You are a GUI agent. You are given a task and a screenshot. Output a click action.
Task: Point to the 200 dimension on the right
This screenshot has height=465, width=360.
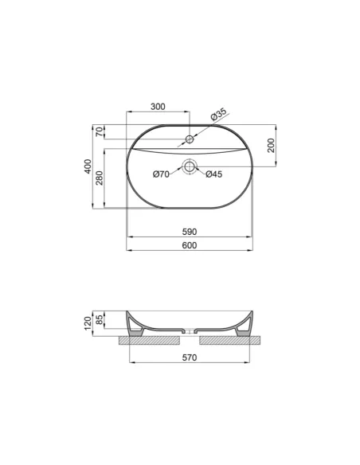[271, 145]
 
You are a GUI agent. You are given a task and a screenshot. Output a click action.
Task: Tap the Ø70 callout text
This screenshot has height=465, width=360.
[162, 174]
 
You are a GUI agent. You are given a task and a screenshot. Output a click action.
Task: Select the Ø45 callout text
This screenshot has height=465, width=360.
[213, 174]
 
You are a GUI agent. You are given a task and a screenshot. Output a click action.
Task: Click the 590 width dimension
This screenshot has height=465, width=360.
[190, 231]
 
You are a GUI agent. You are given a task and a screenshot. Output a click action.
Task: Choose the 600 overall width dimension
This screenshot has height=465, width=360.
[190, 245]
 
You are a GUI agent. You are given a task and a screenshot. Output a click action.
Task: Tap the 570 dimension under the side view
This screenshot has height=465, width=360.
[190, 358]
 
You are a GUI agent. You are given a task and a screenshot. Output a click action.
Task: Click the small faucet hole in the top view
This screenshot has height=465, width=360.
[190, 140]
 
